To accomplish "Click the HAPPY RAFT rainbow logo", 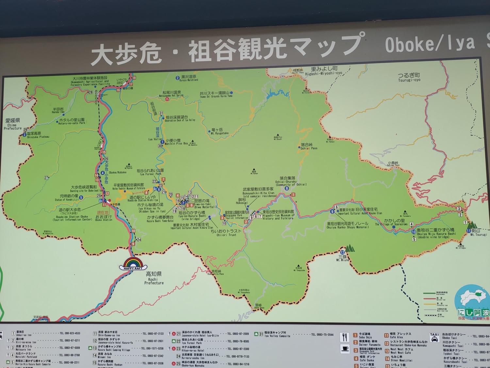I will click(x=135, y=264).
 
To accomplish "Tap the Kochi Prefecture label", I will click(x=154, y=278).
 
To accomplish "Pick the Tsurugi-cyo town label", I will click(x=409, y=78).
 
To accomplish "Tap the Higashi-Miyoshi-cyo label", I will click(x=324, y=71).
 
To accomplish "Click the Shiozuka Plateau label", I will click(x=38, y=135).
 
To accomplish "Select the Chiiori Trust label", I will click(x=226, y=233).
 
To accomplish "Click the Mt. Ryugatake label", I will click(x=220, y=131).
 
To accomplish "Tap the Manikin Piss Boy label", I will click(x=176, y=142).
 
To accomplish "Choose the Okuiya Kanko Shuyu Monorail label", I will click(x=348, y=225).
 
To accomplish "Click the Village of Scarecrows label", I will click(x=391, y=222).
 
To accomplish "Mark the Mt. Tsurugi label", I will click(x=478, y=233).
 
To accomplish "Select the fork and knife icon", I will click(x=344, y=337).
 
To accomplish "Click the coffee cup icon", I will click(x=344, y=349).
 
